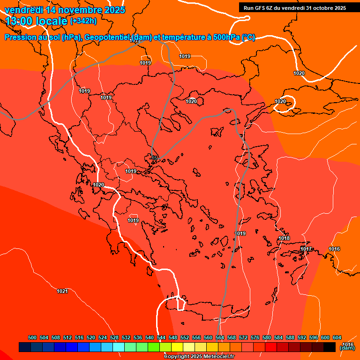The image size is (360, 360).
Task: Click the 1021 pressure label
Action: (x=62, y=291)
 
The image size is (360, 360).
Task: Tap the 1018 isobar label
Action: (x=284, y=239)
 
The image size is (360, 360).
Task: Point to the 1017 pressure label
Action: (x=306, y=249)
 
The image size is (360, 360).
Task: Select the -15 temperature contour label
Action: (x=154, y=158)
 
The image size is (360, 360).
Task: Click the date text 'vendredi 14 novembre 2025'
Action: (x=64, y=10)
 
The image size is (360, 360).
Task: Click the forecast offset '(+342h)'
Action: (x=83, y=21)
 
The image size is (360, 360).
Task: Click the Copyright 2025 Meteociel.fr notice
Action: (x=199, y=356)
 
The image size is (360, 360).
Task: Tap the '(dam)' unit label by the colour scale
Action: (x=347, y=348)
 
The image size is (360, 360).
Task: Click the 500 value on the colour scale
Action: (x=32, y=337)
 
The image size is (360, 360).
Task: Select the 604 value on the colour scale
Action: (x=337, y=337)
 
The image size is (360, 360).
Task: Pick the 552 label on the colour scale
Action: (x=185, y=337)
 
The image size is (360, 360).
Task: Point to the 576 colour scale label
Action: (x=255, y=337)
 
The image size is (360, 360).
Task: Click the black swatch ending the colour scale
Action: (x=330, y=347)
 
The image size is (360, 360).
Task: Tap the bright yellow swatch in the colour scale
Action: (x=177, y=347)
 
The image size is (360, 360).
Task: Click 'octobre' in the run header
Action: (x=321, y=7)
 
